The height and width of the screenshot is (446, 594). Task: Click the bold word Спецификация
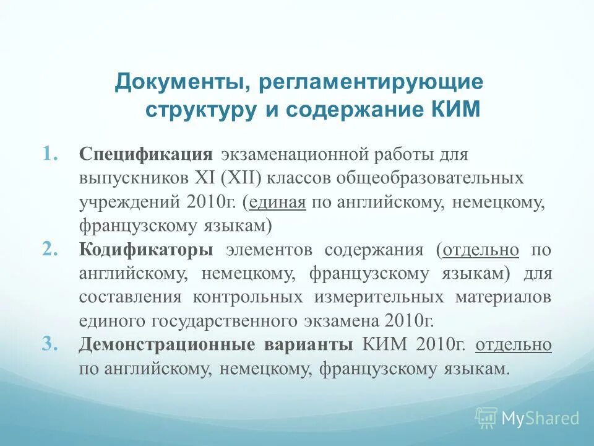pyautogui.click(x=146, y=154)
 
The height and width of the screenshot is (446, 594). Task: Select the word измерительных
pyautogui.click(x=379, y=297)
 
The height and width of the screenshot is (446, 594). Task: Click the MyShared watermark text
pyautogui.click(x=540, y=418)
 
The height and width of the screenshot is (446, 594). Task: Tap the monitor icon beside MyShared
pyautogui.click(x=486, y=418)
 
